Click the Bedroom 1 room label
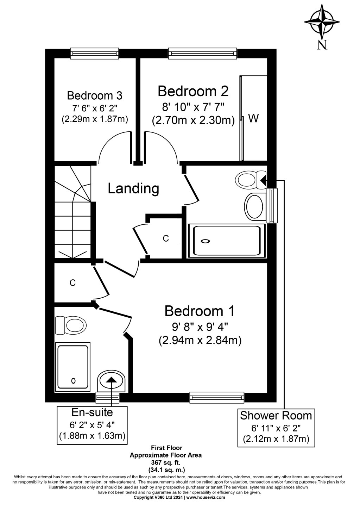[x=200, y=311]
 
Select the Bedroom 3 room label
[x=95, y=95]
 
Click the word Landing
[x=133, y=188]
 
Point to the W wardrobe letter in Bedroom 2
[x=253, y=119]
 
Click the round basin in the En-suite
[x=111, y=381]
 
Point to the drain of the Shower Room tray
[x=205, y=241]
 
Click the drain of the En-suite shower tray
[x=73, y=380]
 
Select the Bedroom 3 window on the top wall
[x=94, y=54]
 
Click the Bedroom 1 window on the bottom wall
[x=217, y=398]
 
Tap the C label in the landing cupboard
[x=166, y=238]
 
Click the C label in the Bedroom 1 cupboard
[x=73, y=282]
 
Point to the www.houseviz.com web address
[x=205, y=498]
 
